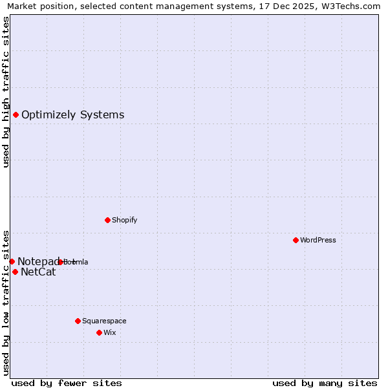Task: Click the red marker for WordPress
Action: click(296, 240)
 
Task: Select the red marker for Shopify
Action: click(107, 220)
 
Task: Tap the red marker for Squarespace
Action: click(78, 321)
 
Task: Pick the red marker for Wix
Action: click(99, 332)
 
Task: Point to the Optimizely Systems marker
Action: click(16, 114)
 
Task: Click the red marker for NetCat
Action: click(15, 272)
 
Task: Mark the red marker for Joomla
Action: click(60, 262)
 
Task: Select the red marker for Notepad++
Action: click(12, 261)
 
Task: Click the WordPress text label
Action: click(318, 240)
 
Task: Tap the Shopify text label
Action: click(124, 220)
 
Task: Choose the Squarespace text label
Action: click(104, 321)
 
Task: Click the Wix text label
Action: click(109, 332)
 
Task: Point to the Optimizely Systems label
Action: click(72, 115)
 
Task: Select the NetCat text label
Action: click(38, 272)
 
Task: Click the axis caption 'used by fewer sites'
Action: click(67, 383)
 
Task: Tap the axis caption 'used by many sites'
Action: click(325, 383)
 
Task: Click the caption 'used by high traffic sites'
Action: click(6, 92)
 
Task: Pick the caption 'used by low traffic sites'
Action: click(6, 302)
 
